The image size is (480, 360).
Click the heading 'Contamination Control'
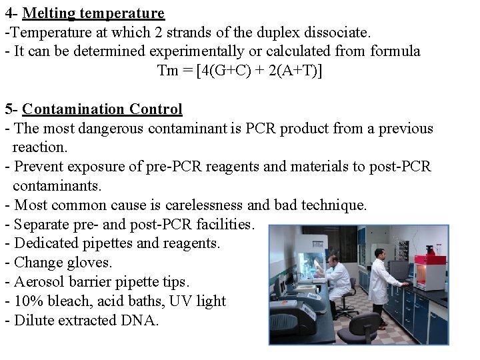point(102,109)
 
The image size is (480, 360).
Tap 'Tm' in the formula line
point(167,71)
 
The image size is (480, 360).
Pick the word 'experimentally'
point(198,51)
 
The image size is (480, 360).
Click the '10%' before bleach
point(27,301)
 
